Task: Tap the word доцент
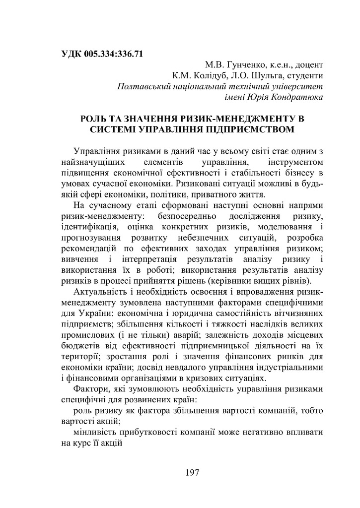(309, 65)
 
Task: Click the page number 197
(192, 473)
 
